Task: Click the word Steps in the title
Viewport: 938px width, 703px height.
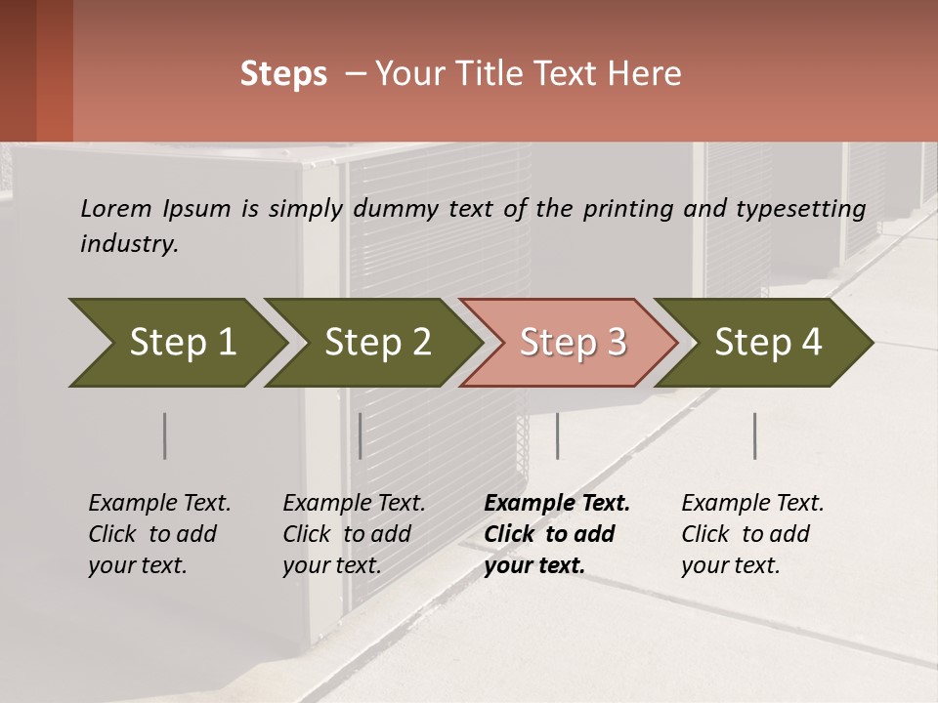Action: tap(283, 74)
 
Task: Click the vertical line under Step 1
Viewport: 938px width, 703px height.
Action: tap(164, 435)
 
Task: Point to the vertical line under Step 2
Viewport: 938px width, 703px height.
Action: tap(361, 435)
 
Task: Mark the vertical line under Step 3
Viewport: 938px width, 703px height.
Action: tap(557, 435)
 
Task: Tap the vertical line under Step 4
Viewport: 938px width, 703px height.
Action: tap(754, 435)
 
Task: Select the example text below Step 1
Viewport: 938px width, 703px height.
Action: tap(159, 534)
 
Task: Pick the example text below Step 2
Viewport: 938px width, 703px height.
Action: tap(354, 534)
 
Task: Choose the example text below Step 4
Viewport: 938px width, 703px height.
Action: tap(751, 534)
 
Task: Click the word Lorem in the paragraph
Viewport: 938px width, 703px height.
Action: tap(115, 209)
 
